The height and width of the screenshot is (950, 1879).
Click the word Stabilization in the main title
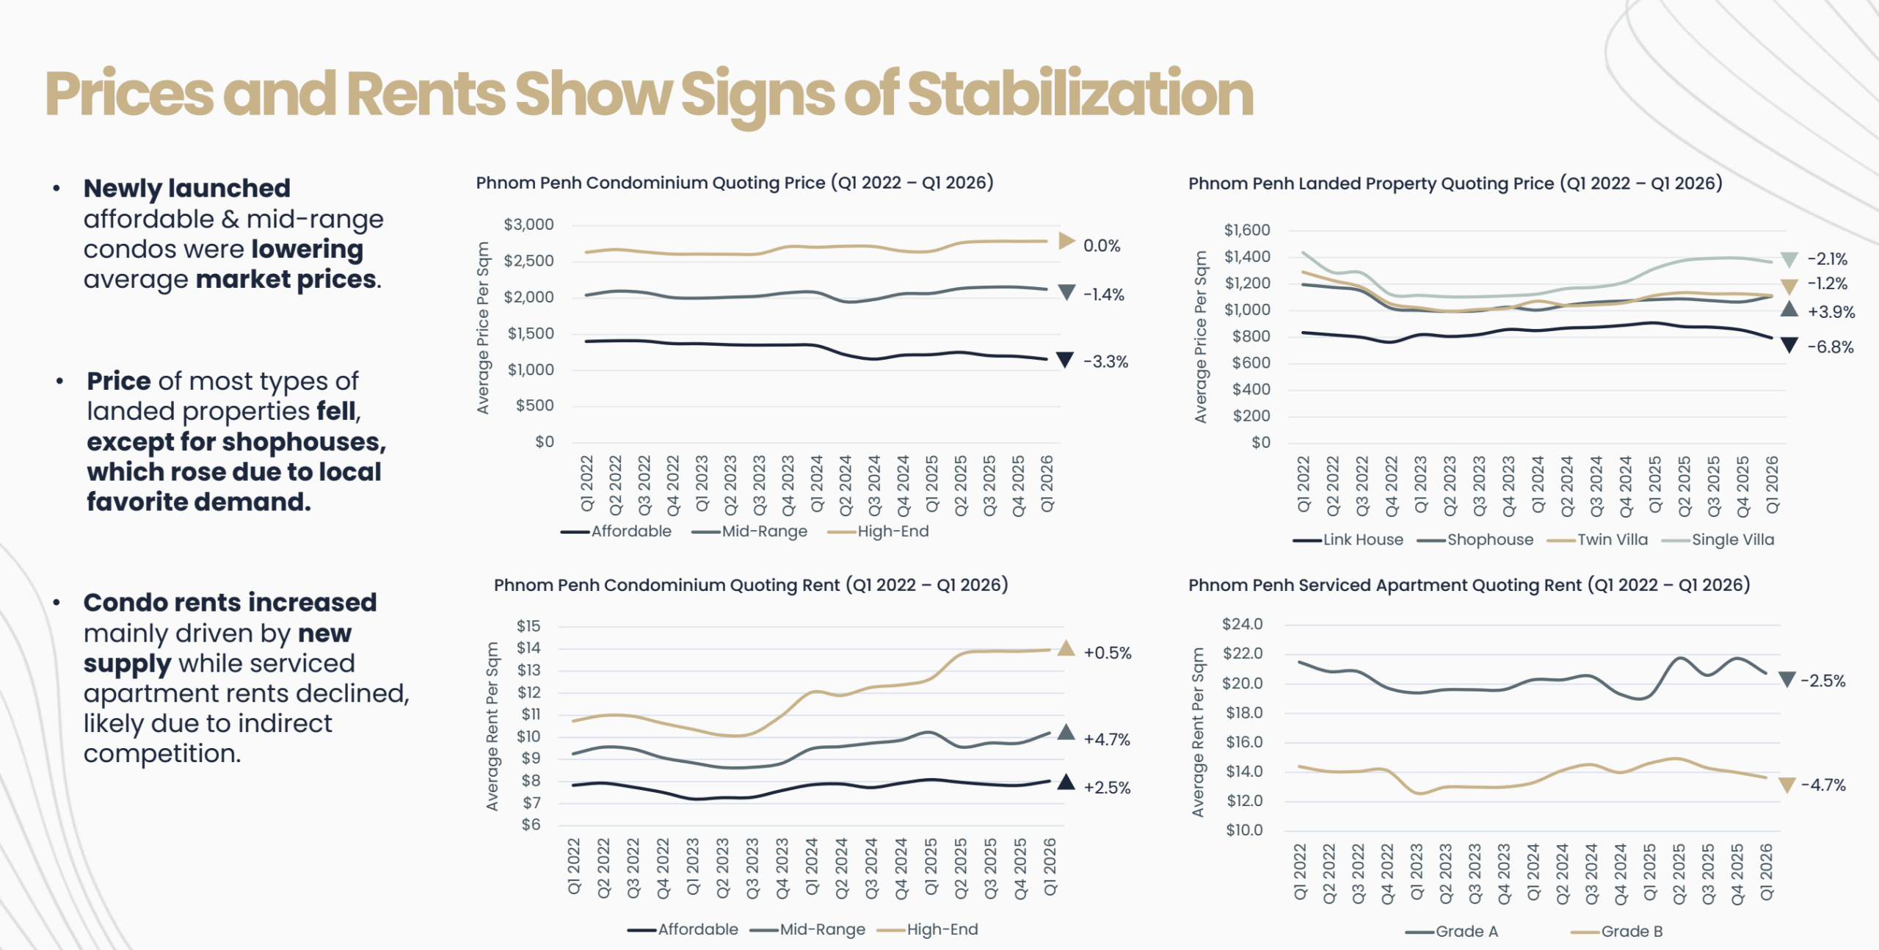tap(1080, 94)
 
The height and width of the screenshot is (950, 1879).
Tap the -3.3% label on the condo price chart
tap(1106, 362)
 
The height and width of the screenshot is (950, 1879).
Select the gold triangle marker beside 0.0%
tap(1066, 241)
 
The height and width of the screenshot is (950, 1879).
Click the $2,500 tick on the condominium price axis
tap(528, 261)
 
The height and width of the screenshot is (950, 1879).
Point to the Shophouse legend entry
tap(1490, 540)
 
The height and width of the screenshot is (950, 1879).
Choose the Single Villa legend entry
tap(1732, 540)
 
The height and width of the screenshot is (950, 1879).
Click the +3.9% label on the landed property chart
tap(1831, 312)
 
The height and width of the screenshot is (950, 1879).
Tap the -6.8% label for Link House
tap(1830, 347)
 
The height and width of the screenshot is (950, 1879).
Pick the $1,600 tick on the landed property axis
tap(1246, 230)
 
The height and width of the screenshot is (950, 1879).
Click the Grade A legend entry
tap(1466, 932)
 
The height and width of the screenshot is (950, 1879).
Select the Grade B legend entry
tap(1631, 932)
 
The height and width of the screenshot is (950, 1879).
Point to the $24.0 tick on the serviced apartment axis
tap(1242, 624)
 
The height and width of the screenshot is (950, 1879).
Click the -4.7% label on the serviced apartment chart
tap(1823, 785)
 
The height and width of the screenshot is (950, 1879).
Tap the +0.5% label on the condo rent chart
tap(1108, 653)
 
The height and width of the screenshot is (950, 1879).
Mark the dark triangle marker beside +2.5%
tap(1066, 783)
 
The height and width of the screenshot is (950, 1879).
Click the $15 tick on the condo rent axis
tap(528, 626)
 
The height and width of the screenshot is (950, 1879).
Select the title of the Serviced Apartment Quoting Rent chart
tap(1469, 585)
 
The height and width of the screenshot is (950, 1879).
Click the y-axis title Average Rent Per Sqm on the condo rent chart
tap(493, 726)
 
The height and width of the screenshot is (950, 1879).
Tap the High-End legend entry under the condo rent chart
tap(942, 929)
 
